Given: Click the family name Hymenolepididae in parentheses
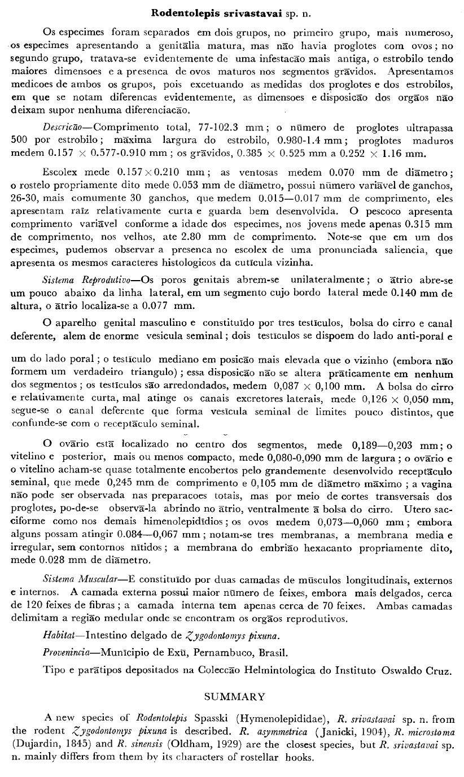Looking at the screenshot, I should [x=281, y=718].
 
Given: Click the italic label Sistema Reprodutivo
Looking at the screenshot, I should [x=88, y=280].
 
